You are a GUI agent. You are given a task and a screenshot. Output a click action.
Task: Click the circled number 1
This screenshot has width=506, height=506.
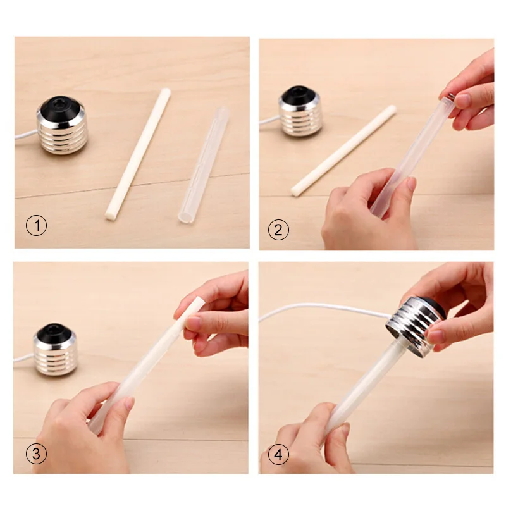tap(37, 225)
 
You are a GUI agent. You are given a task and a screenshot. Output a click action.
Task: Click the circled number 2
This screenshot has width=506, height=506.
tap(278, 230)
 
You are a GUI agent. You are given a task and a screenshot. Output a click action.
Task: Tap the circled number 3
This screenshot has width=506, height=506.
tap(36, 454)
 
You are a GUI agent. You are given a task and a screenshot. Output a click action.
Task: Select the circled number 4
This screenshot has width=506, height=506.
tap(278, 454)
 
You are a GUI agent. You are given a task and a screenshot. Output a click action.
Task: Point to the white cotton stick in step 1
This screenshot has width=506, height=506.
tap(138, 154)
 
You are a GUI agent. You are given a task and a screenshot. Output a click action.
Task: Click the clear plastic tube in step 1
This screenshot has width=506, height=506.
tap(203, 165)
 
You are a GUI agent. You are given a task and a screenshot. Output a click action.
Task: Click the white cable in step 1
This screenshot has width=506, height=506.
tap(26, 134)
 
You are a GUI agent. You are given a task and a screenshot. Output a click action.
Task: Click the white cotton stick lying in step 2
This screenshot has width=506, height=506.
tap(343, 151)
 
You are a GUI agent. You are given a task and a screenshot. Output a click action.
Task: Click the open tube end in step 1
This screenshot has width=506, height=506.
tap(185, 216)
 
